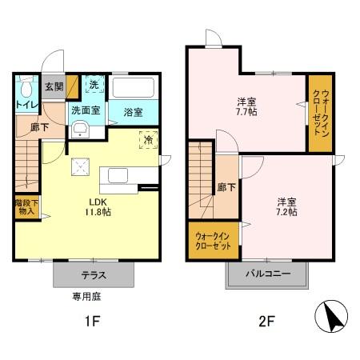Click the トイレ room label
click(x=25, y=103)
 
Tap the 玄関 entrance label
click(x=54, y=86)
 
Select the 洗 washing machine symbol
click(x=94, y=86)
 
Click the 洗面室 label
click(x=86, y=110)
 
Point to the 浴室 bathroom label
click(x=132, y=112)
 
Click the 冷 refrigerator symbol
click(x=149, y=140)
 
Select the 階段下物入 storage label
click(x=26, y=206)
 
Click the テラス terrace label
click(x=94, y=274)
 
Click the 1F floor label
click(x=94, y=323)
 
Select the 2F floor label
click(x=266, y=323)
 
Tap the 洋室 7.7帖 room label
click(x=246, y=107)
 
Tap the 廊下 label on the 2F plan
click(x=226, y=187)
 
